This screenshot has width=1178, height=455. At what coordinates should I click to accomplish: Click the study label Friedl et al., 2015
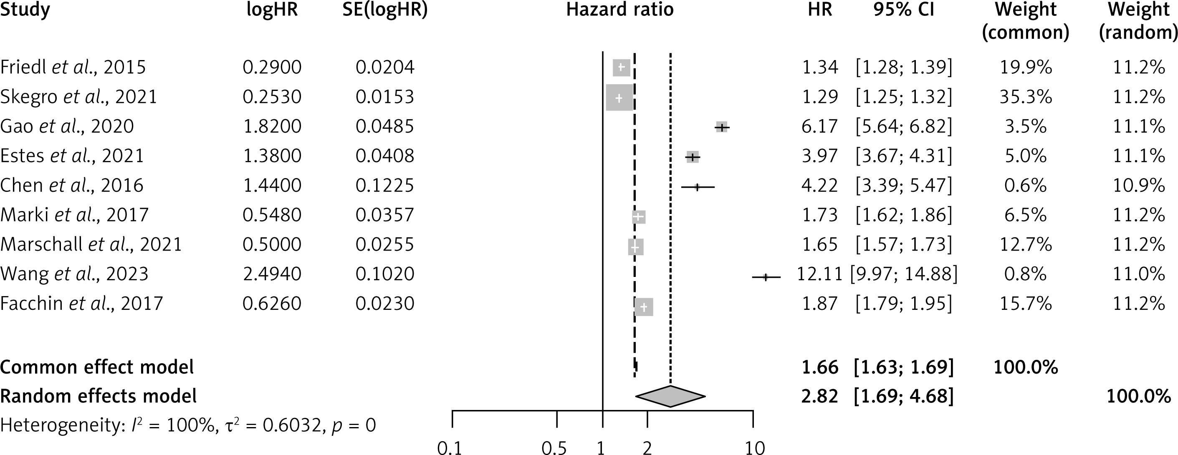point(73,68)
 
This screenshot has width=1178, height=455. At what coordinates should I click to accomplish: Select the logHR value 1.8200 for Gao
point(272,126)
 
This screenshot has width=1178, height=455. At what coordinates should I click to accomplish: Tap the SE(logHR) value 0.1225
point(384,186)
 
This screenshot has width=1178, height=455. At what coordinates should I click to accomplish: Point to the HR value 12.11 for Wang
point(819,274)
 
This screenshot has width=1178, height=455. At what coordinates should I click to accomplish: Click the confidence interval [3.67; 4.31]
point(904,156)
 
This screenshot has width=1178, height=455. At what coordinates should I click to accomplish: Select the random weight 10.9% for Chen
point(1138,186)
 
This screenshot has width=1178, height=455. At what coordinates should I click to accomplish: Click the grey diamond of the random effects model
point(670,396)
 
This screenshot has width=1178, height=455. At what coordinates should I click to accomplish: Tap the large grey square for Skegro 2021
point(619,97)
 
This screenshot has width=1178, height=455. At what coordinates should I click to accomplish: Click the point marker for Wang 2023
point(766,277)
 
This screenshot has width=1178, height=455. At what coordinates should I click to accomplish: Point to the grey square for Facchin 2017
point(644,307)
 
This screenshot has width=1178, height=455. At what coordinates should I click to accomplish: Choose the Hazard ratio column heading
point(619,10)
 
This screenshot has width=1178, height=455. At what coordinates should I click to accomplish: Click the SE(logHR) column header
point(384,10)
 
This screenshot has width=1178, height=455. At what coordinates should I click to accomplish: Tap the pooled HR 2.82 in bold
point(819,396)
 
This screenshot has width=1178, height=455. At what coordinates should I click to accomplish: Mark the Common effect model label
point(97,367)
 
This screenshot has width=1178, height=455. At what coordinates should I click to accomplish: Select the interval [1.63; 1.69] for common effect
point(904,367)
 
